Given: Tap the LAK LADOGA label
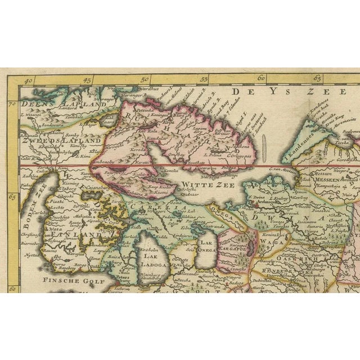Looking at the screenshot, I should [x=152, y=260].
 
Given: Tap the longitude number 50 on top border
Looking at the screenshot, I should [x=145, y=80].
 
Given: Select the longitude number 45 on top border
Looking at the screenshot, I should [x=87, y=80].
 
